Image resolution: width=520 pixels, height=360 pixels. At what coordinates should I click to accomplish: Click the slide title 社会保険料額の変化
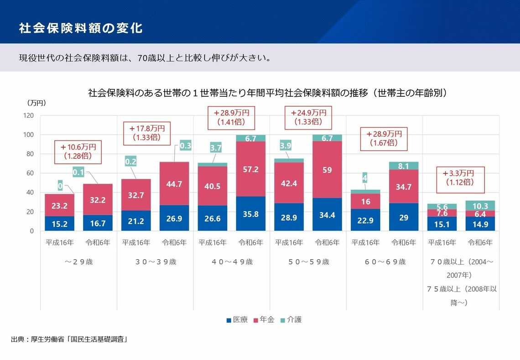coord(80,28)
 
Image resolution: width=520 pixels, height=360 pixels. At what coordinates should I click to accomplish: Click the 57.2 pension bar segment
coord(251,169)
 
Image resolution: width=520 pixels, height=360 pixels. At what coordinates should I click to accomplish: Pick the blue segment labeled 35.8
coord(251,214)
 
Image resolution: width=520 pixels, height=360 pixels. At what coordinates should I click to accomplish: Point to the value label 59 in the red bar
coord(327,170)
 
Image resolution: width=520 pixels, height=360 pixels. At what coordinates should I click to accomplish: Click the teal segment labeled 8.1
coord(404,166)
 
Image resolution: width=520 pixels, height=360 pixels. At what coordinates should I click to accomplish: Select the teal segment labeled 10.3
coord(480,206)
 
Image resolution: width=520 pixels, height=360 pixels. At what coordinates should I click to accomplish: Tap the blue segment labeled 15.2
coord(59,224)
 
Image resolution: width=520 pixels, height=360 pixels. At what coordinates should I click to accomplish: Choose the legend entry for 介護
coord(291,320)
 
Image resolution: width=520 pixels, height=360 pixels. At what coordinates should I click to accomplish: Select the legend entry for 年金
coord(264,320)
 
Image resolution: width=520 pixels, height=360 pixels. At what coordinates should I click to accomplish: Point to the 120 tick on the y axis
coord(28,116)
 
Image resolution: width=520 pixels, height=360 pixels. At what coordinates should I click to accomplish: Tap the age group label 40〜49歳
coord(232,262)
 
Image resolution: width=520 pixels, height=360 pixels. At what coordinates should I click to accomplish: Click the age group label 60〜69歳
coord(385,262)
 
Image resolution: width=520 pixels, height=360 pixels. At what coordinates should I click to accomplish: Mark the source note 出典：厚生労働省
coord(68,339)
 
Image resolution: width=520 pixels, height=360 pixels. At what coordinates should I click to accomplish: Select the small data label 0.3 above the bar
coord(186,146)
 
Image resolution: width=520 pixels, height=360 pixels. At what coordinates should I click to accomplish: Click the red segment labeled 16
coord(366,201)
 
